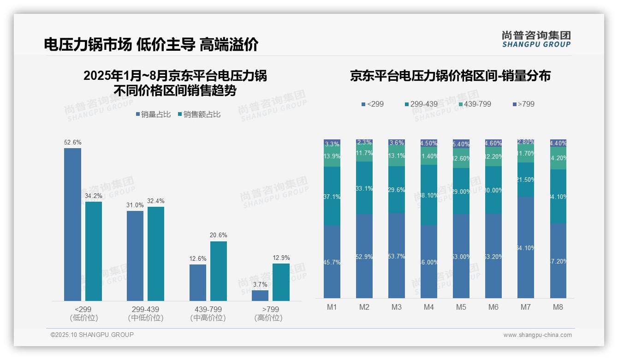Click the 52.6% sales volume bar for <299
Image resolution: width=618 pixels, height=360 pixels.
[72, 224]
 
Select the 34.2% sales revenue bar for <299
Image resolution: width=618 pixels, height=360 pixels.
[93, 251]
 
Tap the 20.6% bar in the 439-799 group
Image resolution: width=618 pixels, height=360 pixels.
[219, 271]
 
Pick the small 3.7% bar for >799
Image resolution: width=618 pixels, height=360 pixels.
[260, 295]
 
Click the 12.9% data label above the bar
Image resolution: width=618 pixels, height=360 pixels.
[281, 258]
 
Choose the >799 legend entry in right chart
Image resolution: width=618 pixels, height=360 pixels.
[523, 104]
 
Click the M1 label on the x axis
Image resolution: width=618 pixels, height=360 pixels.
[332, 307]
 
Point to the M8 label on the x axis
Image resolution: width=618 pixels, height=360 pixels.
[558, 307]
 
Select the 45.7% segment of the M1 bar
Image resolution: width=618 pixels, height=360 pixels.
[332, 262]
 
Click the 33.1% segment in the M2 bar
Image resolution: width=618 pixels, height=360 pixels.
[364, 188]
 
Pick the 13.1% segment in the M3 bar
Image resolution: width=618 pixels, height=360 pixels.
[397, 156]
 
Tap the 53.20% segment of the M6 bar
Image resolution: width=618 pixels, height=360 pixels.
[493, 256]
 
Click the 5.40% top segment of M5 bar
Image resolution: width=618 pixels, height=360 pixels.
[461, 144]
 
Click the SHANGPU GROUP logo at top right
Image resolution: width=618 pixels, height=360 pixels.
[536, 39]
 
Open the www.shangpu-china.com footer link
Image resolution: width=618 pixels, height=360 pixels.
[537, 335]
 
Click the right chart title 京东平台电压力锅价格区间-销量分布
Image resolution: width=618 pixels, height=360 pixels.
[450, 76]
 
